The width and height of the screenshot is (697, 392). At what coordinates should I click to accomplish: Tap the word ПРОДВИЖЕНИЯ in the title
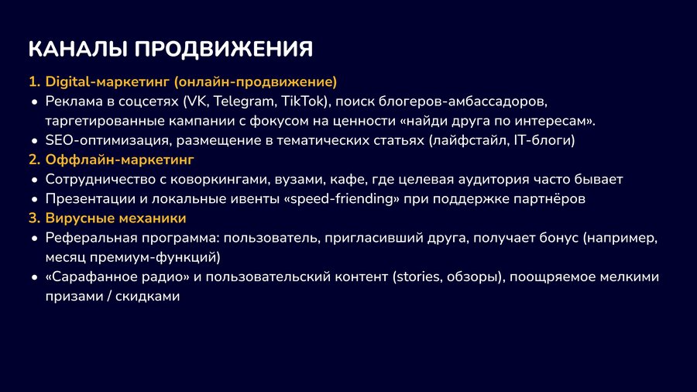pos(224,49)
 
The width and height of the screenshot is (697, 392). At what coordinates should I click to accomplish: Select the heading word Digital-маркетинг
pos(108,82)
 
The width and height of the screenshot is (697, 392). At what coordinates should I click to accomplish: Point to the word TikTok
pos(304,101)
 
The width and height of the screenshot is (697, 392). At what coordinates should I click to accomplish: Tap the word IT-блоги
pos(544,140)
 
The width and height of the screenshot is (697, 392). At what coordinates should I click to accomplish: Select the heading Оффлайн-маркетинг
pos(119,160)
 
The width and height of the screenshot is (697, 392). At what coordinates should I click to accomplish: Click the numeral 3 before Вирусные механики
pos(33,218)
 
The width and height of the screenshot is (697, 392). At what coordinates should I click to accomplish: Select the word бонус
pos(558,238)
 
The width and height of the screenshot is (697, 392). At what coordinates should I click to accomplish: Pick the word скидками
pos(148,297)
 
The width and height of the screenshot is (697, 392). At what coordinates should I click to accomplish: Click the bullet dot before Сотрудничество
pos(35,181)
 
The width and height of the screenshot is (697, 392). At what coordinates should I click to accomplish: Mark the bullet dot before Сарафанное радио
pos(35,278)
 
